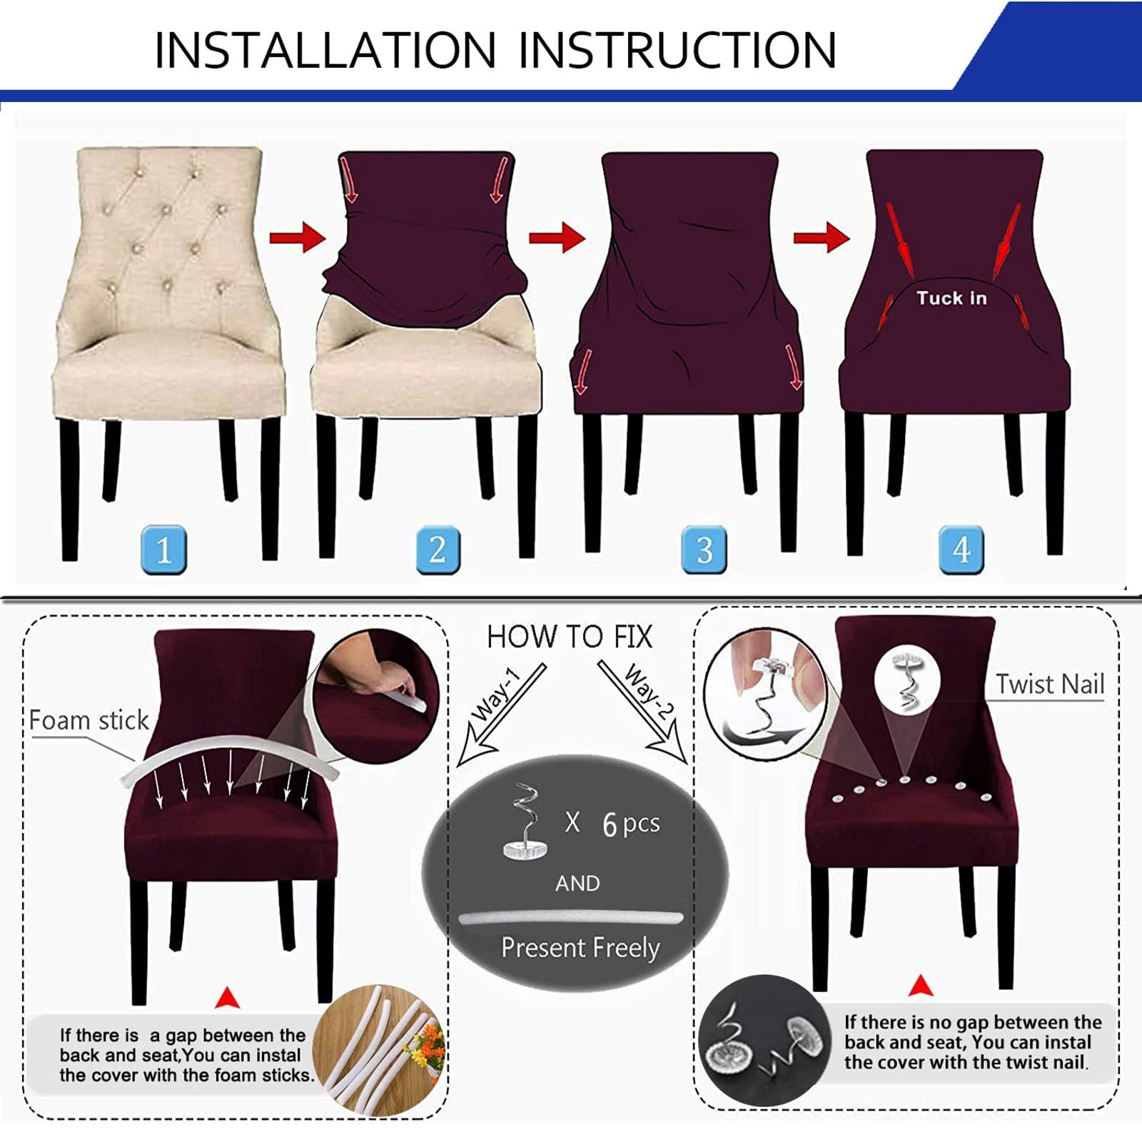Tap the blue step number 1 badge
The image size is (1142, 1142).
point(164,550)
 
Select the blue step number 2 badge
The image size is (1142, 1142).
point(438,550)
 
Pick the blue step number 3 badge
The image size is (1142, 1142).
point(704,550)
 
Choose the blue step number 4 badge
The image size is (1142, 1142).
point(961,550)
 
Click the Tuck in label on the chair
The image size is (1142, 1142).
point(951,298)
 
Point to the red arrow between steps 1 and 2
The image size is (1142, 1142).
point(298,237)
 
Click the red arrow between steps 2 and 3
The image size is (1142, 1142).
point(557,237)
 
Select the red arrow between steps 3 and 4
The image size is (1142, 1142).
point(822,237)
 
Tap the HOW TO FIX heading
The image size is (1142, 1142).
point(570,637)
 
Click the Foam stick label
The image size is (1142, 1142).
point(89,720)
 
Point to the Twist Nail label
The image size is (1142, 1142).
point(1050,684)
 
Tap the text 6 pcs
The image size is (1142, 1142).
point(631,824)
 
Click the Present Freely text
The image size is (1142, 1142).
point(580,948)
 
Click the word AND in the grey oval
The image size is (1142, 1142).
point(577,884)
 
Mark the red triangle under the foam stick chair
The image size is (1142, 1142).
point(227,998)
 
